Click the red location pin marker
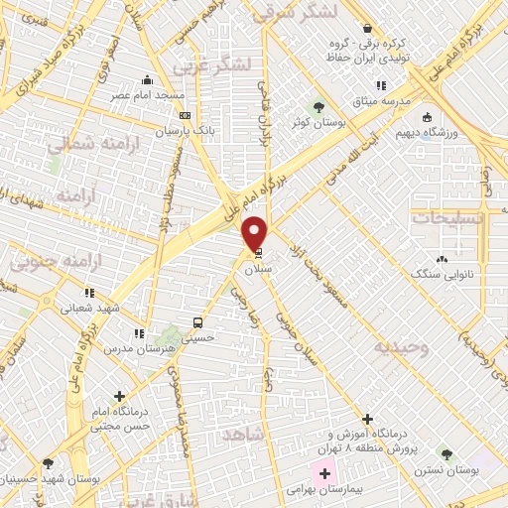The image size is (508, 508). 255,233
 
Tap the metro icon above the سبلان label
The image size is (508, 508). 259,253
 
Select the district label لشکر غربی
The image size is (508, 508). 211,65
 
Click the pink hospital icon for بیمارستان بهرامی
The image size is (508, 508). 324,473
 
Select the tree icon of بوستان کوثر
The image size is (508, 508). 318,106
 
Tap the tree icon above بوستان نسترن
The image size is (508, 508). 446,453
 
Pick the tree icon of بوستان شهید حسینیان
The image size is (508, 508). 48,463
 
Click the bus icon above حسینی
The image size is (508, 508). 197,322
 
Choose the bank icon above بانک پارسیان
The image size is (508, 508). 185,115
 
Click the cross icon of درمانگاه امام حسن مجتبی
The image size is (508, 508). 120,396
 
